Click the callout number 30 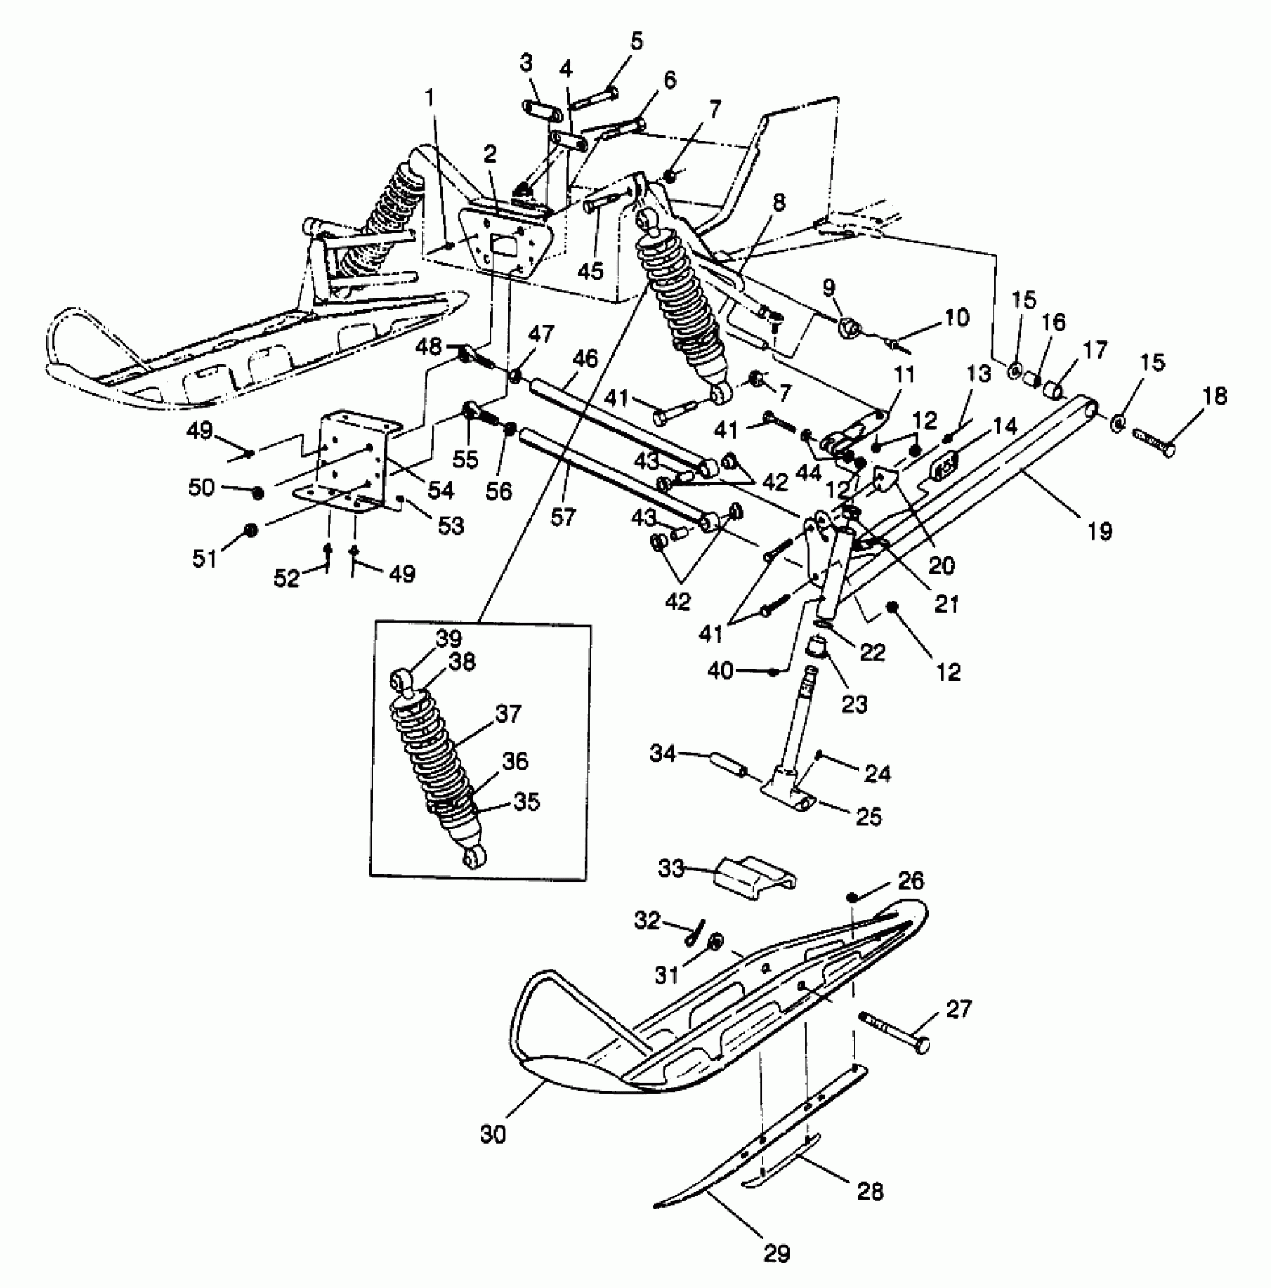click(x=493, y=1134)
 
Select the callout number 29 click(x=776, y=1253)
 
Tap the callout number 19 click(x=1101, y=532)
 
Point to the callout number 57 click(x=563, y=517)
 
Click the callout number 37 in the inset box click(x=508, y=714)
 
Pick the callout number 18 click(x=1216, y=396)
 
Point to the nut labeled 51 click(x=251, y=530)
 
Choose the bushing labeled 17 click(x=1053, y=391)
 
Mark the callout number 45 click(x=591, y=270)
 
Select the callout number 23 click(x=855, y=704)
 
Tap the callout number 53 click(x=450, y=527)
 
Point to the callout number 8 click(x=779, y=203)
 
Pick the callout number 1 click(x=430, y=97)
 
